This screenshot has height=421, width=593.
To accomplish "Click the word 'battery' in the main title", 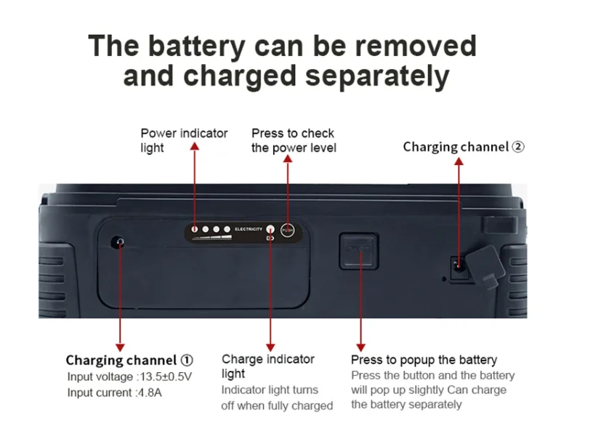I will (x=196, y=46).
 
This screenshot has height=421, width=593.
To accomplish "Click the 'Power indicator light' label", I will (x=183, y=140).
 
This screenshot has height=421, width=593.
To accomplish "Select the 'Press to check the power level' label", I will (x=294, y=140).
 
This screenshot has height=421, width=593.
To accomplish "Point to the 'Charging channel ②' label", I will (x=464, y=147).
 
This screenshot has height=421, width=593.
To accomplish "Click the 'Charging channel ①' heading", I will (x=129, y=360).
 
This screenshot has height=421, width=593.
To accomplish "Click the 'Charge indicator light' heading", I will (x=267, y=366).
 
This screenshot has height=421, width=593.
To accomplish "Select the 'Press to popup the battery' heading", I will (x=424, y=360).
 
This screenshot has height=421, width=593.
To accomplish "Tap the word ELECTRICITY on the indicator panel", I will (x=247, y=230).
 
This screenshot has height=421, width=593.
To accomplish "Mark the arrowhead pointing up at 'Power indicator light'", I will (x=194, y=147).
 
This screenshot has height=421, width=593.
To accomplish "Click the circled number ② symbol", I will (x=517, y=147).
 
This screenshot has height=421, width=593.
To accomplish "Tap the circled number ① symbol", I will (x=187, y=360).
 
